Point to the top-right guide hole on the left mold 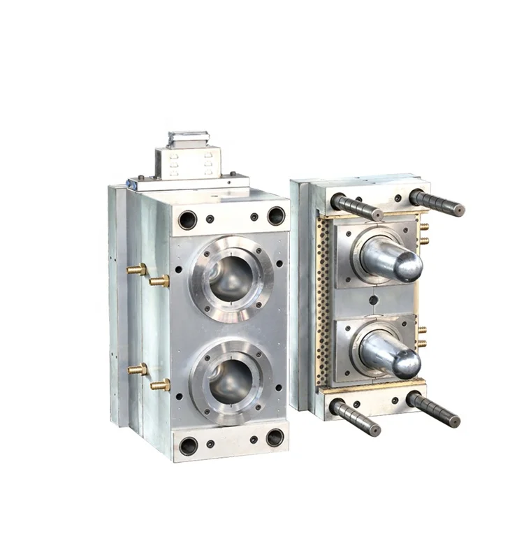276,215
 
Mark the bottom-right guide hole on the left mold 275,438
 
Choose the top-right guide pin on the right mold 437,203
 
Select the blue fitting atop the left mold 131,184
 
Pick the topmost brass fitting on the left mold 137,269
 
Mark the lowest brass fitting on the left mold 161,384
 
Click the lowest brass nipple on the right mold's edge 422,344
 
